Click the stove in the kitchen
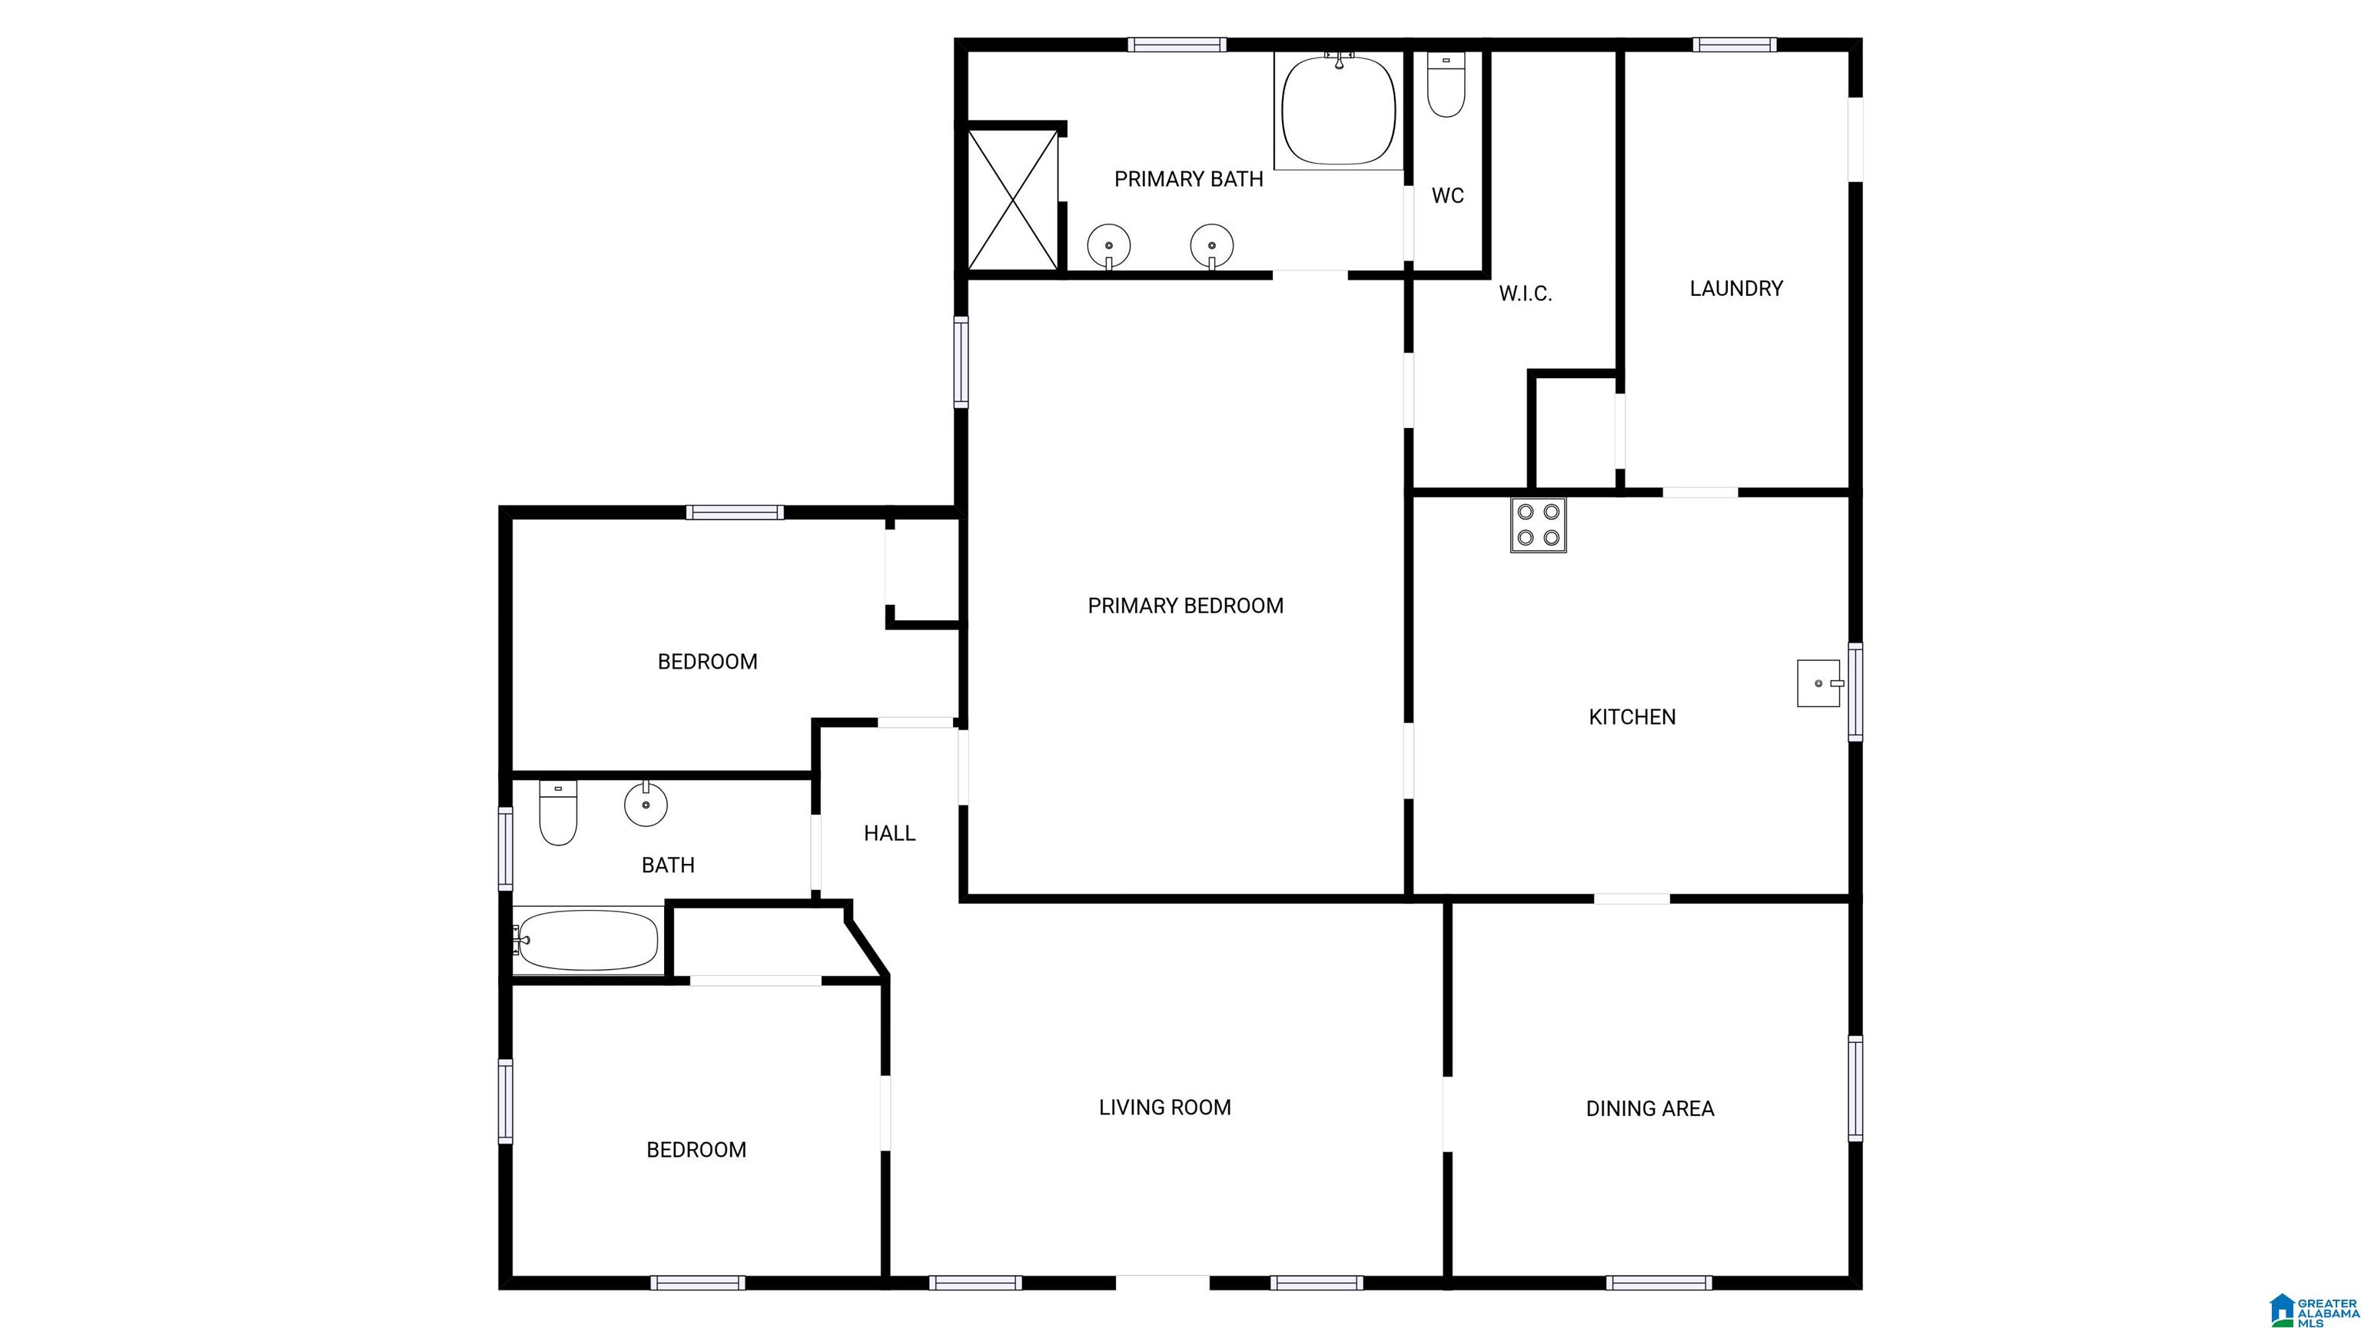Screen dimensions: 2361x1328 [x=1538, y=524]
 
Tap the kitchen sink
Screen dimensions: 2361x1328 [x=1819, y=682]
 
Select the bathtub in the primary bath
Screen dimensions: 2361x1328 [x=1338, y=110]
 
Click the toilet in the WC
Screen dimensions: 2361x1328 [x=1446, y=85]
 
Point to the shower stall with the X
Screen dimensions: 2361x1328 [x=1013, y=200]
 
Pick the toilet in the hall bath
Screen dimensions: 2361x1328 [x=557, y=812]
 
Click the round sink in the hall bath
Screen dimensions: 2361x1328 [x=646, y=804]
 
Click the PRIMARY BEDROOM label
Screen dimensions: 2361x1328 [x=1185, y=606]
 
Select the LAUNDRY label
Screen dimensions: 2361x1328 [x=1736, y=289]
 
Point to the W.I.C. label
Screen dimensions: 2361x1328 [x=1525, y=294]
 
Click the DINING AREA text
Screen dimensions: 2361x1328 [x=1650, y=1109]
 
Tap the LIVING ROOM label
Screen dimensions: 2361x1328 [x=1165, y=1107]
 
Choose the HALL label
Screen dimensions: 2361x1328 [x=889, y=833]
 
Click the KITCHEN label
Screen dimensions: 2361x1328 [x=1632, y=717]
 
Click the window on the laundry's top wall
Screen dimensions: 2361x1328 [x=1734, y=44]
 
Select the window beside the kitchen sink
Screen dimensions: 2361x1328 [x=1855, y=692]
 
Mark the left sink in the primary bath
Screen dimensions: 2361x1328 [x=1109, y=246]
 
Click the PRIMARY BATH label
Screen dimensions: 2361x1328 [x=1189, y=180]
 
